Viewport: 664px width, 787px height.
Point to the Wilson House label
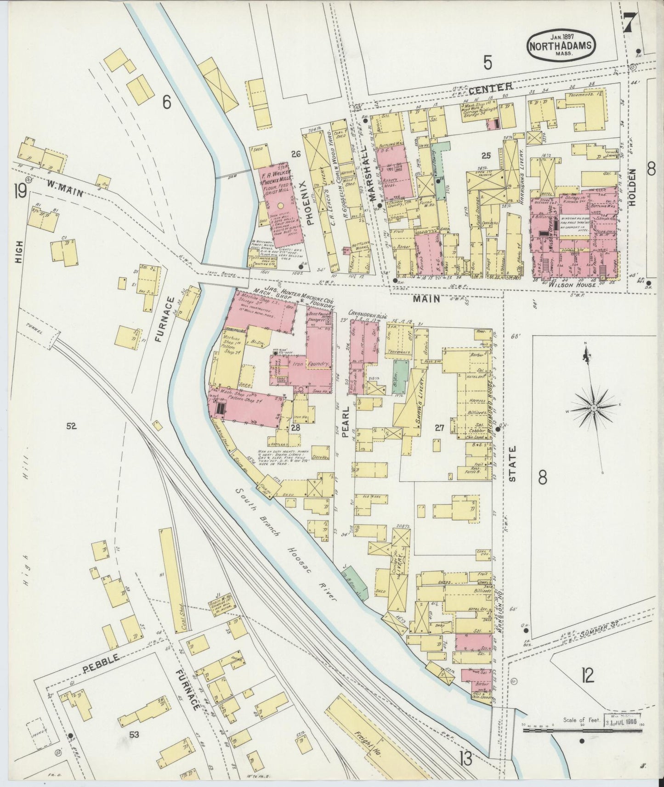(x=576, y=284)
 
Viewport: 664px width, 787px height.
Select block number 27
(x=439, y=428)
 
